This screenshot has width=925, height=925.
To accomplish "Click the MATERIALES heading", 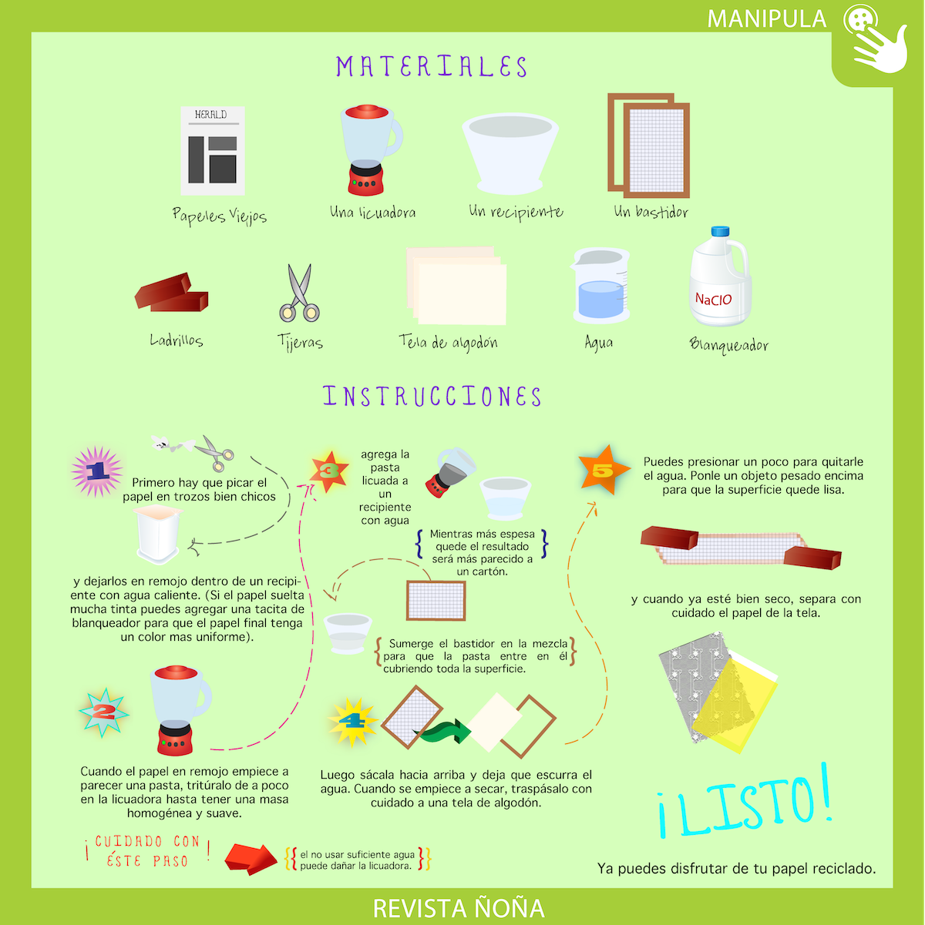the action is [432, 67].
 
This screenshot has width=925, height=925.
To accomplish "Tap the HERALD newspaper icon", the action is [213, 151].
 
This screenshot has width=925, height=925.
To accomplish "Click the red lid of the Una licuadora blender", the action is [367, 112].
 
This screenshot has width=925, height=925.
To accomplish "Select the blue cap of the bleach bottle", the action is [720, 231].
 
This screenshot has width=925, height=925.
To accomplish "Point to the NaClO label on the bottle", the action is [713, 300].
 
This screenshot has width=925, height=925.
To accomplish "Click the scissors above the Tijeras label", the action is [299, 293].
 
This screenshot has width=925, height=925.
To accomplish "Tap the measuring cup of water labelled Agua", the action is [600, 286].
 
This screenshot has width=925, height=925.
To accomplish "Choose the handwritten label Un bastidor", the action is [651, 212].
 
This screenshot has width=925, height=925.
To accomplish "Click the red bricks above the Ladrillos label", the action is [171, 293].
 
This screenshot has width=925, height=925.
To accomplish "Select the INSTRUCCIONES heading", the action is [432, 397].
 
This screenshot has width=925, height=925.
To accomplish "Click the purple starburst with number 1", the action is [96, 471].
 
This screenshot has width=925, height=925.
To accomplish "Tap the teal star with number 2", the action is [104, 712].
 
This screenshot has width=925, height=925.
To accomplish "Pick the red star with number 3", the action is [329, 471].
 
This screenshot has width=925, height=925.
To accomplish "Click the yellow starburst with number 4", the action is [353, 722].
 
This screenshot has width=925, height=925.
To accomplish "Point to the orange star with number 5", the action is [604, 470].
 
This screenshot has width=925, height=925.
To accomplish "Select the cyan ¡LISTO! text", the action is [745, 802].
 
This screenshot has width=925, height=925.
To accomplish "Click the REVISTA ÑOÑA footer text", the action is [459, 908].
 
